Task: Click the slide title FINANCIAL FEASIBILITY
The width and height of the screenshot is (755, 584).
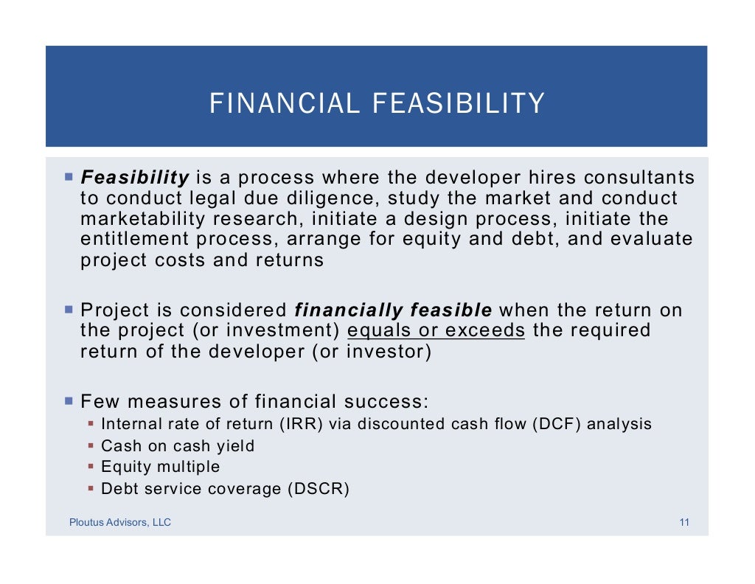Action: pos(377,104)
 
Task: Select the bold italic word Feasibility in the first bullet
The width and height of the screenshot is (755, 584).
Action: pos(135,178)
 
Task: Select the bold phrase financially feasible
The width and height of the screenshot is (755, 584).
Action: pos(394,310)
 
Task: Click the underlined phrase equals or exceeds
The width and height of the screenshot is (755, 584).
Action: pos(436,330)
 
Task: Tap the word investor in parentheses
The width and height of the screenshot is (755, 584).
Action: pos(389,351)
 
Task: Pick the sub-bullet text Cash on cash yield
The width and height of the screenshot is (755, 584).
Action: pos(177,445)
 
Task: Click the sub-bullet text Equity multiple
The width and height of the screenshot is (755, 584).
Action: pos(160,467)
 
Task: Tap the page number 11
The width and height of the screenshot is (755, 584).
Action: pos(684,523)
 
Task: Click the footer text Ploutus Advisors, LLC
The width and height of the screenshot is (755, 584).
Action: pos(120,523)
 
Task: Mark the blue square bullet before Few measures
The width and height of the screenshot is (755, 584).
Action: pos(69,401)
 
